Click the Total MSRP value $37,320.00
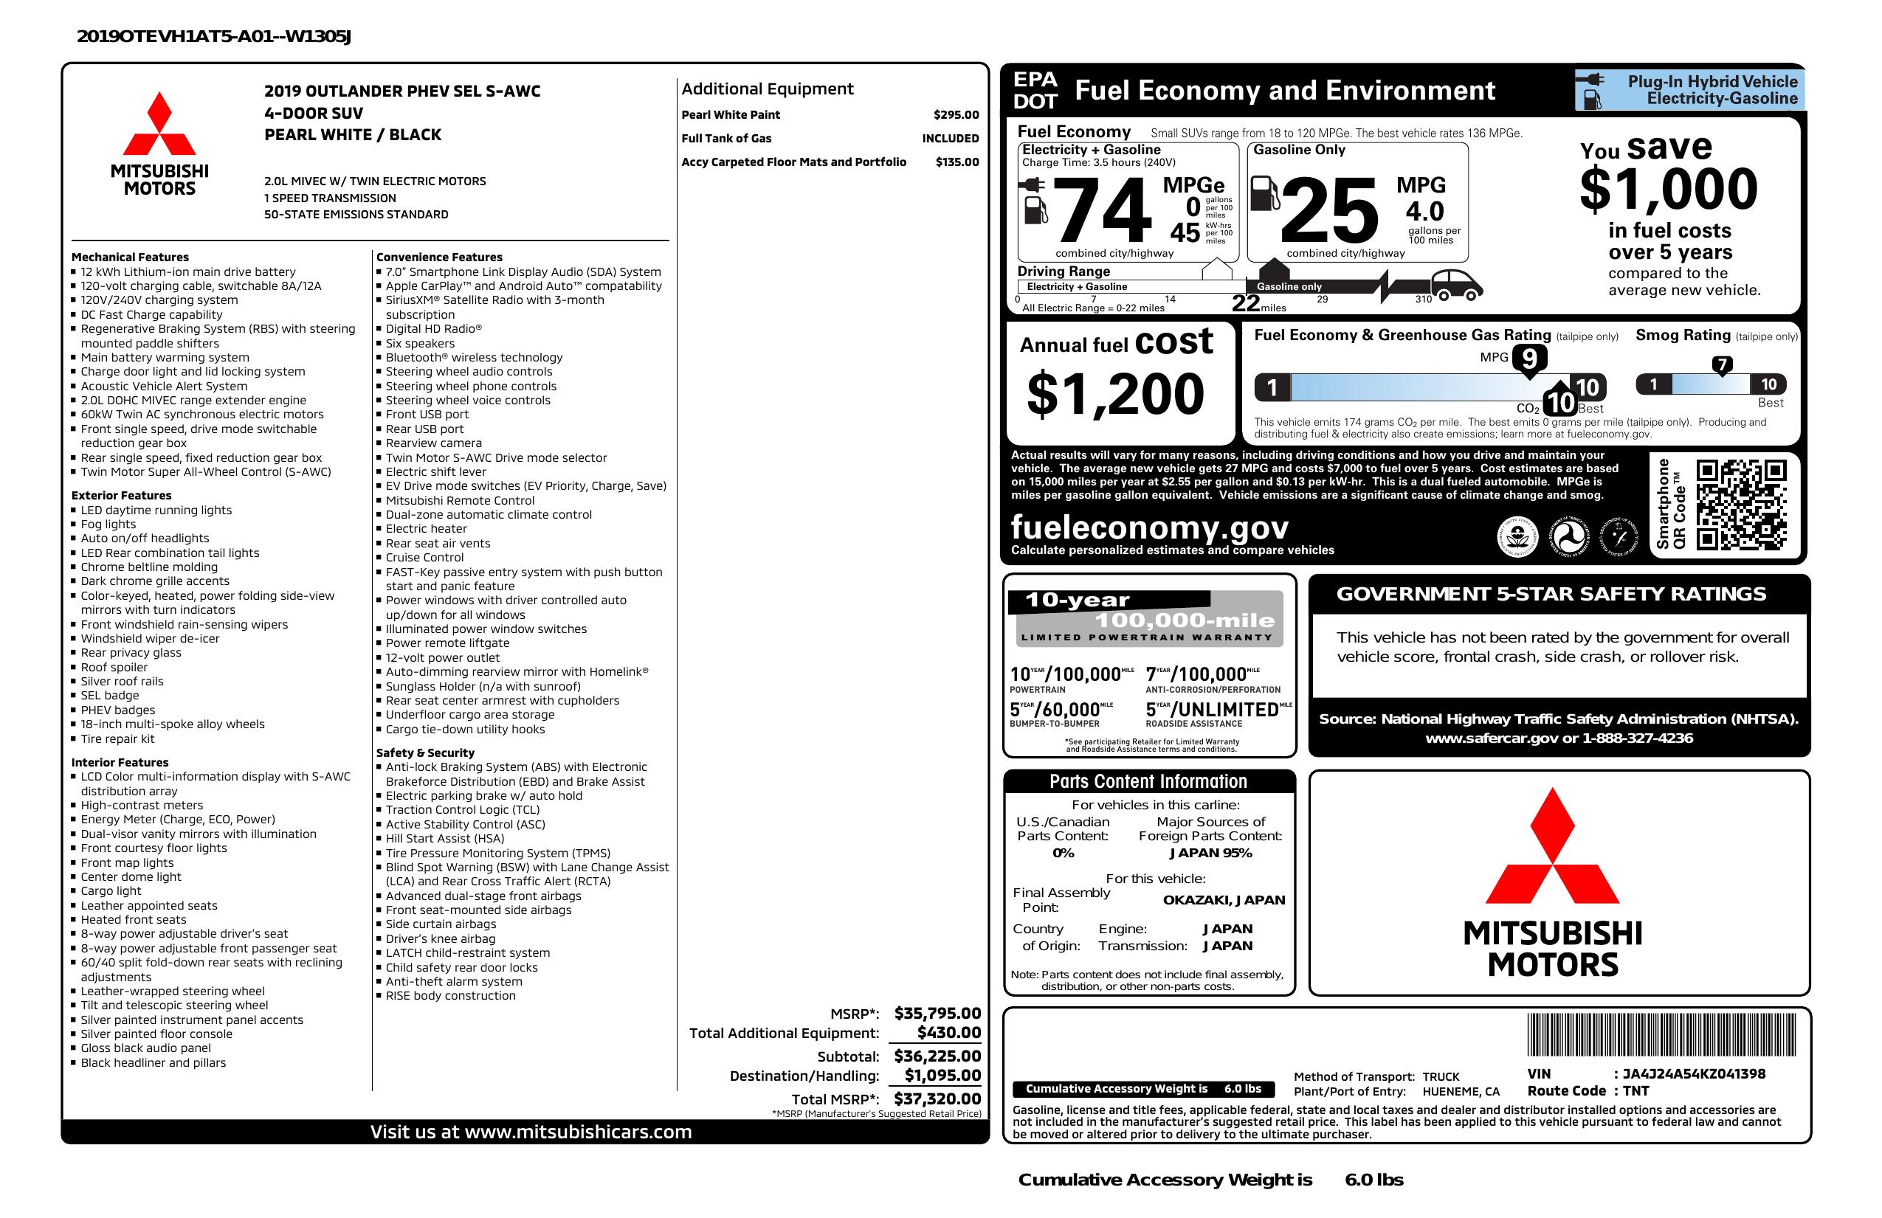tap(937, 1098)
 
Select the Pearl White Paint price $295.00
tap(955, 114)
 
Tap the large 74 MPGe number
tap(1103, 211)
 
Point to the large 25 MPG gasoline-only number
tap(1328, 211)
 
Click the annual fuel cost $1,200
tap(1115, 394)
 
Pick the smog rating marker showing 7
tap(1721, 365)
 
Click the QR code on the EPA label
tap(1740, 505)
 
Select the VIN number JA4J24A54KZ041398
tap(1694, 1073)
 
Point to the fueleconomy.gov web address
tap(1150, 527)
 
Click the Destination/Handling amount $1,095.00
tap(942, 1075)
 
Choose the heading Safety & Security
tap(425, 752)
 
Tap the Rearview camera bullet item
tap(433, 443)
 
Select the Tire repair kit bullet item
tap(117, 738)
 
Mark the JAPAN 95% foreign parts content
tap(1210, 853)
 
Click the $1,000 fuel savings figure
tap(1669, 190)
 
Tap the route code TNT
tap(1636, 1091)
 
